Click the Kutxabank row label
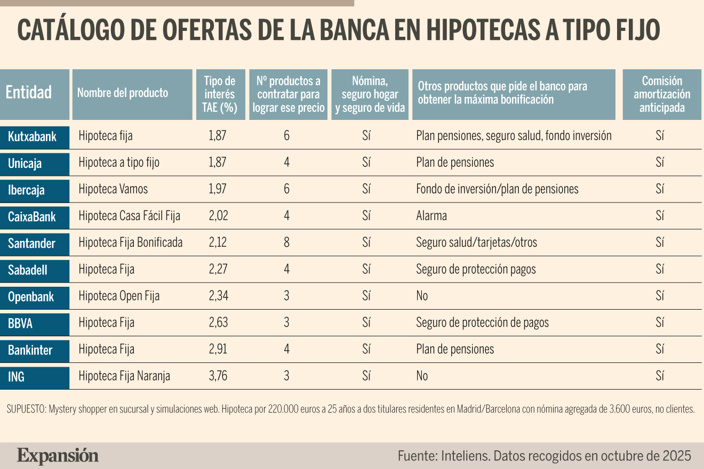pos(35,138)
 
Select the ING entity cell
pos(35,378)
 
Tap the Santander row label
pos(35,245)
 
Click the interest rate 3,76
pos(218,376)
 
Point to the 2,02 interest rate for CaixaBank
pos(219,215)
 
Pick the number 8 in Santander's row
pos(286,242)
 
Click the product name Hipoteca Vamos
pos(113,189)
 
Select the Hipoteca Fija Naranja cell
pos(124,376)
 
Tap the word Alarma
pos(431,216)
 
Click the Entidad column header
pos(35,94)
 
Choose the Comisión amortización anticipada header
pos(662,94)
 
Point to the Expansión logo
pos(58,456)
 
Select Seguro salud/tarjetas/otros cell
pos(476,242)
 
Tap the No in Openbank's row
pos(422,296)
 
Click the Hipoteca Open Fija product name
pos(119,296)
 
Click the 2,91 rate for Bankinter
pos(218,349)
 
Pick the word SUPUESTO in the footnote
pos(27,409)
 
